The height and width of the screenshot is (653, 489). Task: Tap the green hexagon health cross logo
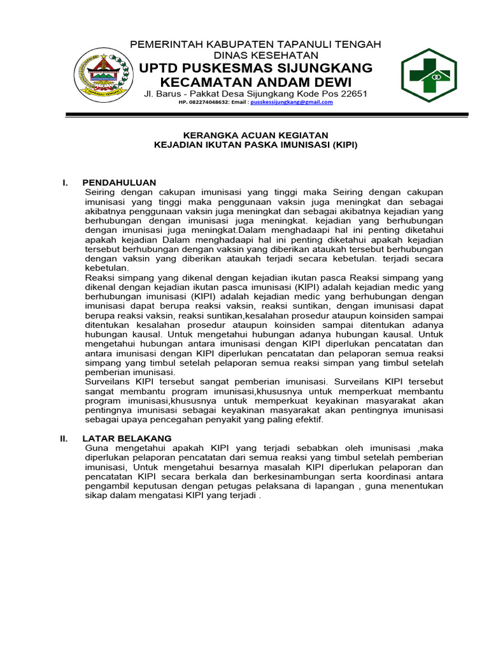(x=427, y=75)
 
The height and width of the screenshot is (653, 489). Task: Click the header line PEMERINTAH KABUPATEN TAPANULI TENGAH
(x=255, y=44)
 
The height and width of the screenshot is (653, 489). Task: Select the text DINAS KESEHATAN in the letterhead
(x=255, y=55)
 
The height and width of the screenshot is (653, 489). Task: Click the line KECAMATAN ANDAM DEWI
(x=255, y=82)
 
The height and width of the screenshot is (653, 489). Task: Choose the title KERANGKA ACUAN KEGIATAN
(x=256, y=135)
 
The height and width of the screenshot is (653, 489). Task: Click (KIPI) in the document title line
(x=343, y=145)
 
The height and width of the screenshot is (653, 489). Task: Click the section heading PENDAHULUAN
(x=119, y=183)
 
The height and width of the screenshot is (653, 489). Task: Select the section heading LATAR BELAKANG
(x=127, y=439)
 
